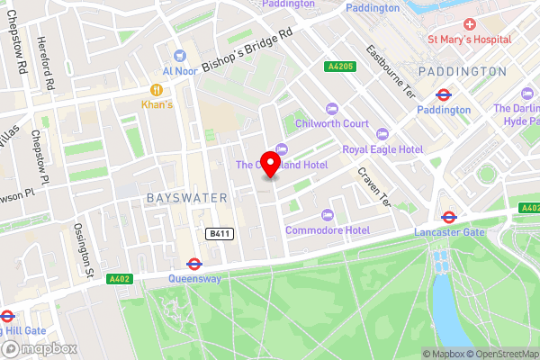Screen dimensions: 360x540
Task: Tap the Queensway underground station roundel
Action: (x=193, y=264)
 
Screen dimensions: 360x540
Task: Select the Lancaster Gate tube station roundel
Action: (x=448, y=216)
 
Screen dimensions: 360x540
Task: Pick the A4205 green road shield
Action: (x=340, y=66)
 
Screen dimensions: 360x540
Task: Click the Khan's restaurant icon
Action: (x=157, y=90)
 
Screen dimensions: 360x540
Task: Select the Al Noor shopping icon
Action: (x=179, y=56)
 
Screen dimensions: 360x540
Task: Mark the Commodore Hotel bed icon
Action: (x=326, y=215)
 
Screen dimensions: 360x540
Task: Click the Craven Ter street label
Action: (x=374, y=187)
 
